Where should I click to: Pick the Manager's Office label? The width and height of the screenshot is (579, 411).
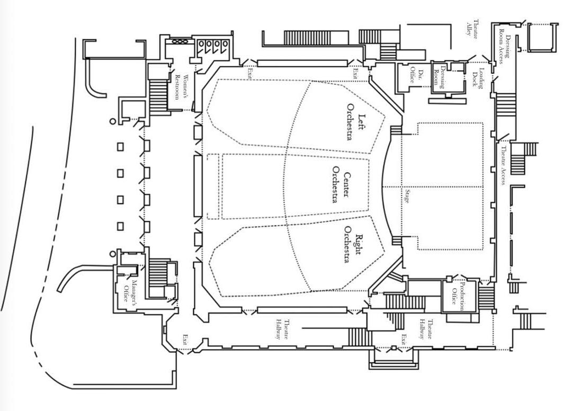[x=130, y=290]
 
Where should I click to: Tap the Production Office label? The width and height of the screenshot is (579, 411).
[x=458, y=296]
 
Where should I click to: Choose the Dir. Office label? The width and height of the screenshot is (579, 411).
[x=416, y=76]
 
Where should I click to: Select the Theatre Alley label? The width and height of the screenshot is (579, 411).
[x=471, y=28]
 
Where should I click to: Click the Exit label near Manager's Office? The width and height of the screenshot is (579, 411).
[x=185, y=339]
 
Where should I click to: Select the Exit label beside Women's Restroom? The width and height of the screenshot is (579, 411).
[x=249, y=73]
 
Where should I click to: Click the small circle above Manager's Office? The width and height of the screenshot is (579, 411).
[x=113, y=254]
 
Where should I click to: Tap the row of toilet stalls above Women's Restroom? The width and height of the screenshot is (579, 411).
[x=213, y=47]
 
